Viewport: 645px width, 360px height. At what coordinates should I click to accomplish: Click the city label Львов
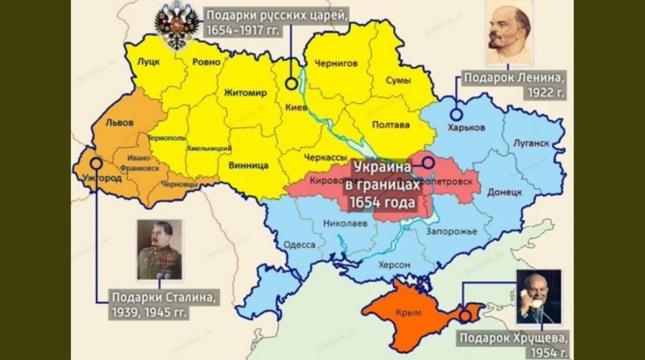(118, 123)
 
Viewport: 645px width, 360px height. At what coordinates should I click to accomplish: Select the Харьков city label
(466, 127)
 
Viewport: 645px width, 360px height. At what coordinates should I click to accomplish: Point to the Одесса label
(299, 243)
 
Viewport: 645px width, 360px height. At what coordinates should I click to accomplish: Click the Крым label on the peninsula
(410, 313)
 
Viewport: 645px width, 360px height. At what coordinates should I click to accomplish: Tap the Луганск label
(532, 143)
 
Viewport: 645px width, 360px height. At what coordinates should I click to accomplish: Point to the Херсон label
(393, 265)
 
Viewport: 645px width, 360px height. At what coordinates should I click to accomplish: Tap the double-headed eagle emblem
(176, 26)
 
